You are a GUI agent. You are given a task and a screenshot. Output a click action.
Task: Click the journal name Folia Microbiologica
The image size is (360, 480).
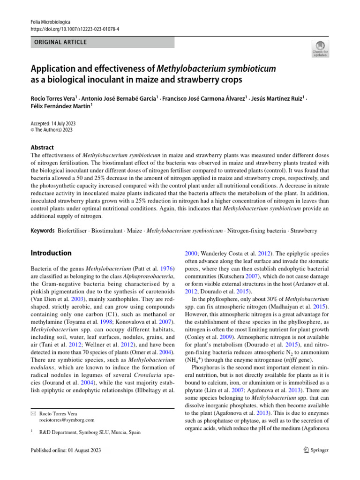(50, 22)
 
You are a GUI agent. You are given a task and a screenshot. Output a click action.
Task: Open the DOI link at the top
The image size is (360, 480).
(75, 29)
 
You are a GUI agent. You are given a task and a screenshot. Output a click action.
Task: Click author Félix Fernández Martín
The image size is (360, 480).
(60, 106)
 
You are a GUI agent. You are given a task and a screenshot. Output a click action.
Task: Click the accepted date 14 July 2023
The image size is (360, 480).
(62, 123)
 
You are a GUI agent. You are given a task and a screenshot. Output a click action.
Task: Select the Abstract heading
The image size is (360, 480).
(42, 147)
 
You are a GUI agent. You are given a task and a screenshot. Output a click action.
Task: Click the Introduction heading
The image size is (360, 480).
(51, 253)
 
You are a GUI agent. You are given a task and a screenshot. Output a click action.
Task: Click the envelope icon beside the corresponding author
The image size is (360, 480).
(33, 413)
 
